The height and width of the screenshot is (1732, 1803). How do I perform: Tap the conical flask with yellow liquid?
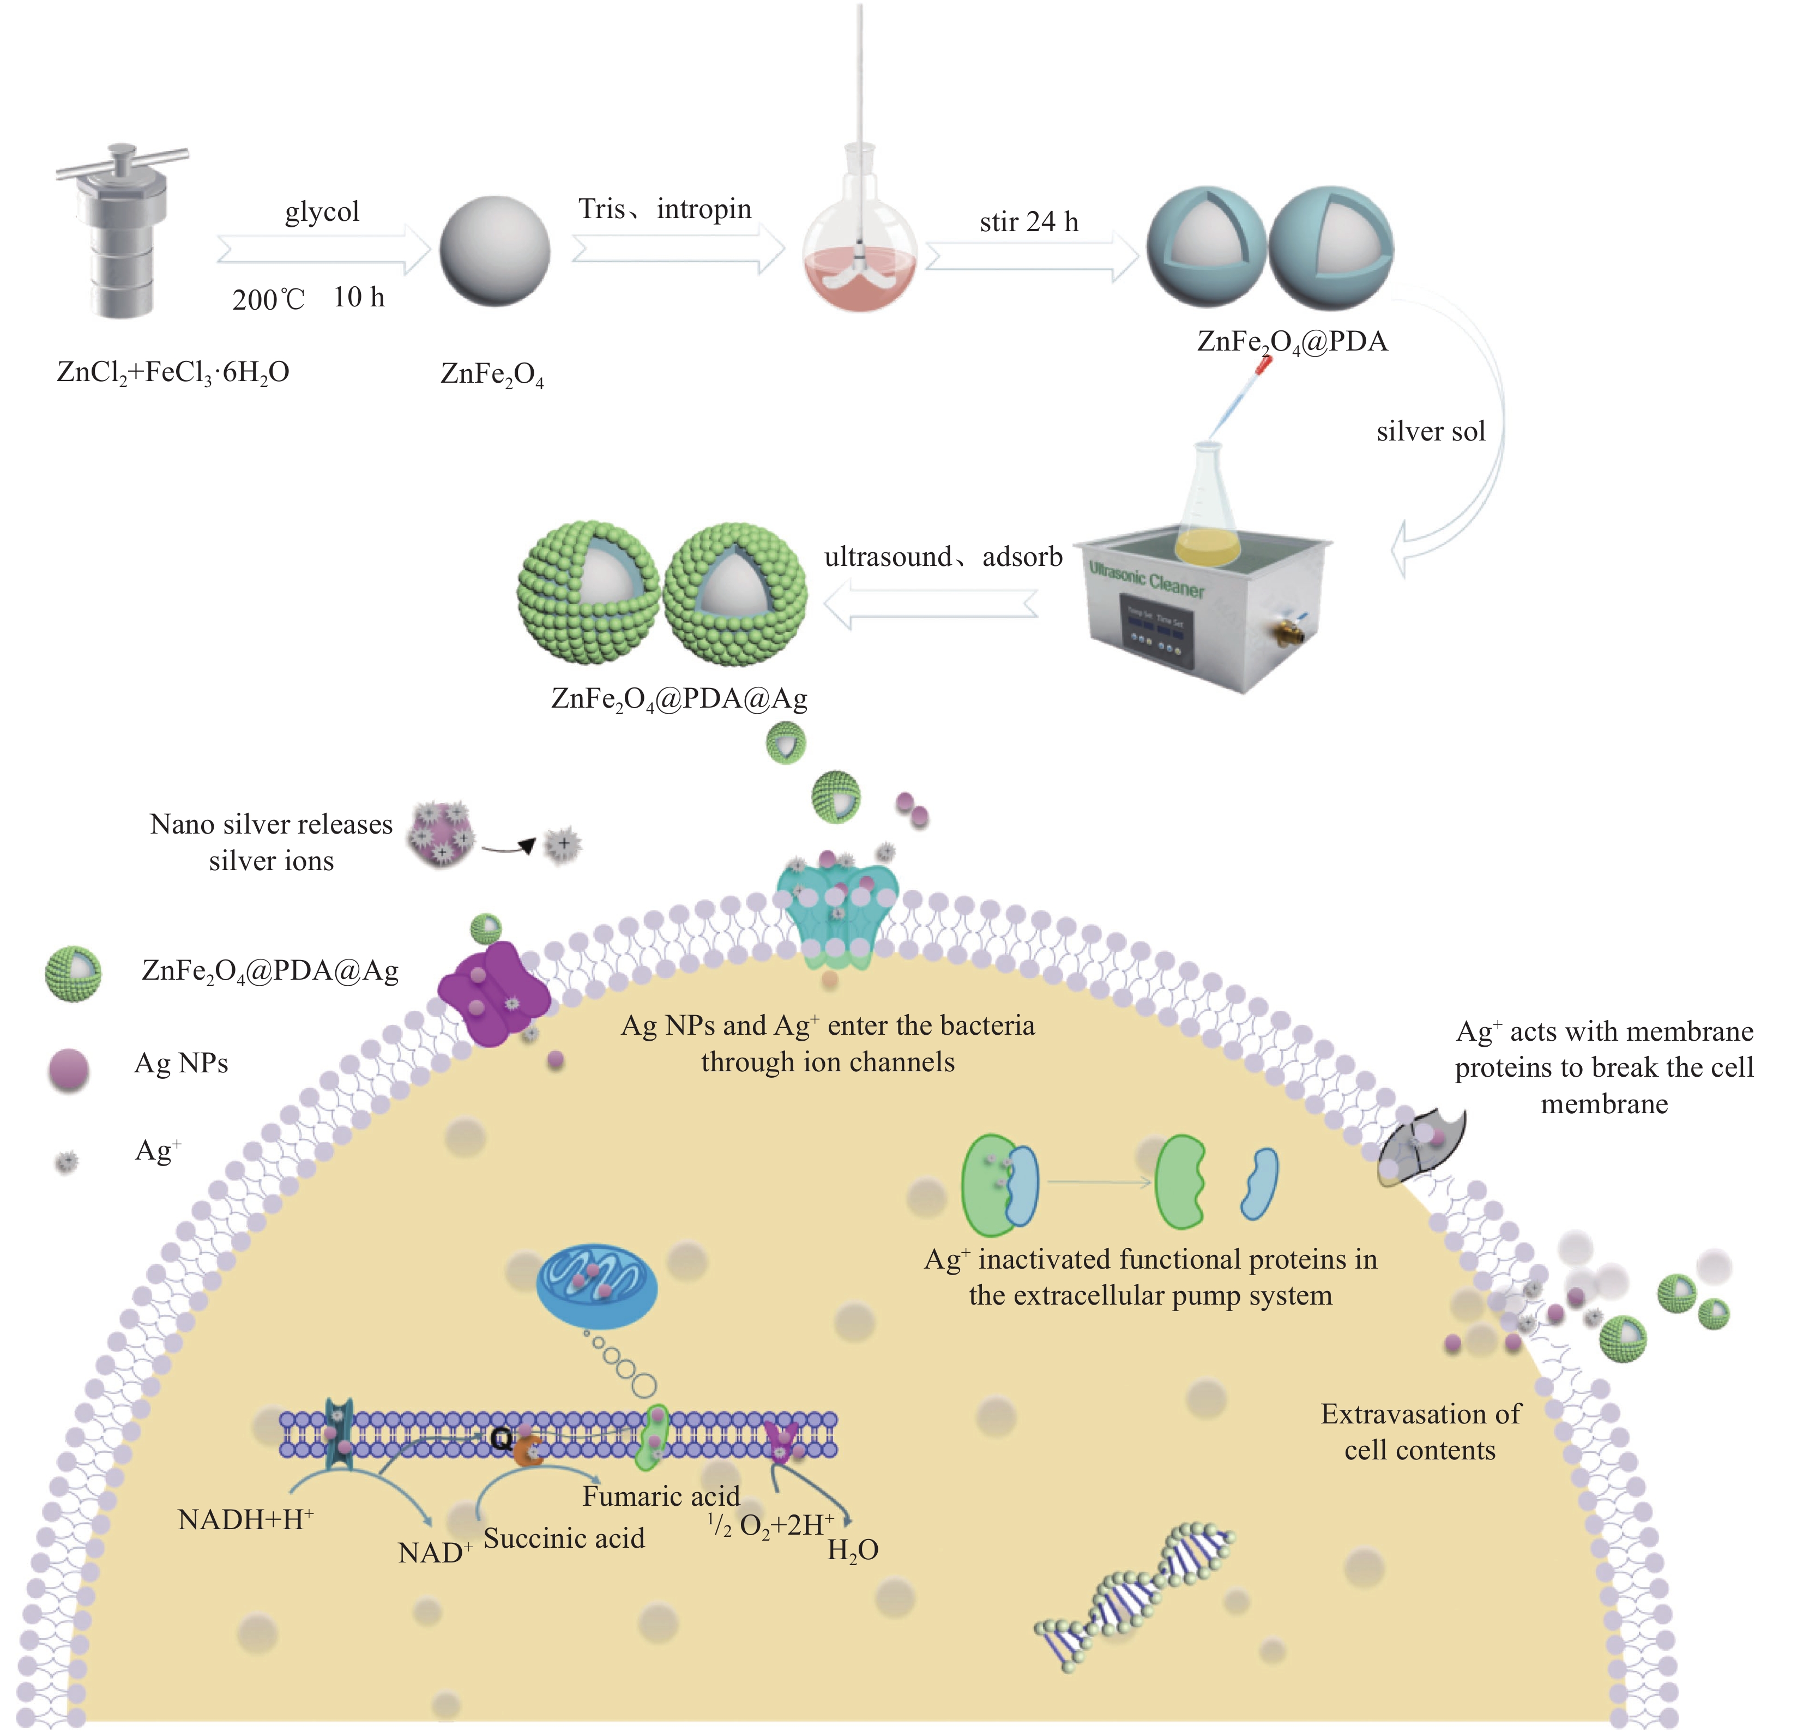coord(1207,515)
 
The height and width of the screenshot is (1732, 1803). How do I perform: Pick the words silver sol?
coord(1431,431)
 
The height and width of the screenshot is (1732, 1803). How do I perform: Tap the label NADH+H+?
coord(245,1519)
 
